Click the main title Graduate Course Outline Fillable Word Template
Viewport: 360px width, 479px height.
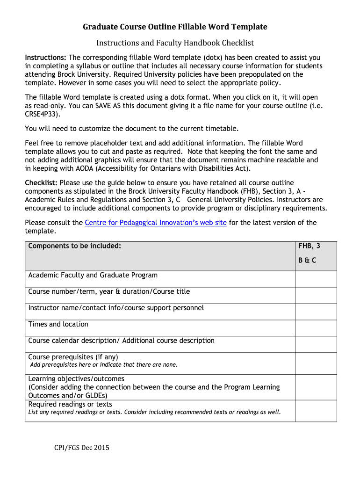[175, 27]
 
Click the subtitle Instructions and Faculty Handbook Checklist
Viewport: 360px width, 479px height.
[175, 43]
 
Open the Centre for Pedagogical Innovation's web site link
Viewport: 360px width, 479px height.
[156, 223]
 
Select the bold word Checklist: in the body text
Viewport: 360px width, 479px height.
[41, 183]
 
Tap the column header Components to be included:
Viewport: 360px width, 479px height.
[75, 246]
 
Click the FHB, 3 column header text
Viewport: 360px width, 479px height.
[309, 246]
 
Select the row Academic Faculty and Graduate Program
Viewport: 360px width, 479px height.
[93, 275]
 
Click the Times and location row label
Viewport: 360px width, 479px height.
[58, 324]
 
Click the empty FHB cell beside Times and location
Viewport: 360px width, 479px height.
[316, 328]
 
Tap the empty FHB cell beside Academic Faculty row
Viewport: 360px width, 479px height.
[316, 279]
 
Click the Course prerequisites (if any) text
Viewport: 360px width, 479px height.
[73, 357]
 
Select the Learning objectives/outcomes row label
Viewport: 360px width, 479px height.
[76, 379]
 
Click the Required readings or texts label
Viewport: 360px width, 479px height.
[70, 404]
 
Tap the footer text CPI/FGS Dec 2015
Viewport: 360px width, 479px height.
[81, 448]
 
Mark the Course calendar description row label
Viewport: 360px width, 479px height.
[121, 341]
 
